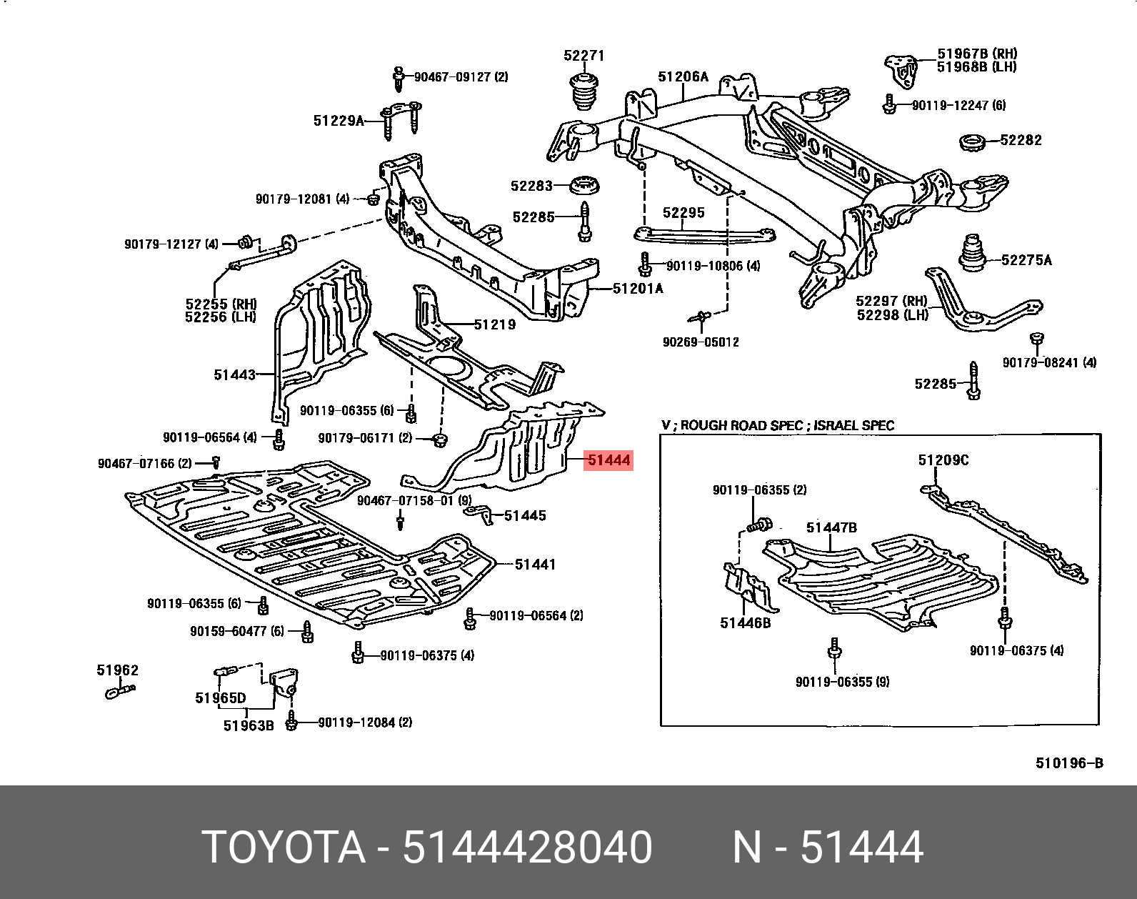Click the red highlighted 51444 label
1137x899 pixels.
point(608,460)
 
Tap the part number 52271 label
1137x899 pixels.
point(583,56)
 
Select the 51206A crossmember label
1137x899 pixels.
point(683,76)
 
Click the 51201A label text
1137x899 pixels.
point(638,289)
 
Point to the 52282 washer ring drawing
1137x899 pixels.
point(973,142)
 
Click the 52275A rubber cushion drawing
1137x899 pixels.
point(971,254)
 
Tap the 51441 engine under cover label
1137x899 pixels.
point(535,565)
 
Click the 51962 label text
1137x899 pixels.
point(118,670)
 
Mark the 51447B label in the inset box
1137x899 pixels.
point(831,528)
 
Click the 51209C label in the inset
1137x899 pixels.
point(943,460)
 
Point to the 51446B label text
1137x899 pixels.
point(745,623)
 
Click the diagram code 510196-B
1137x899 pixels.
point(1069,763)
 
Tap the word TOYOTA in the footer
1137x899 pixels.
point(284,848)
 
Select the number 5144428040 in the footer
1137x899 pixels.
point(527,848)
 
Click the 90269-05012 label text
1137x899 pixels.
point(701,342)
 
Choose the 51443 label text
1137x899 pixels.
point(234,374)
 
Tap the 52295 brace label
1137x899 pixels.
point(683,213)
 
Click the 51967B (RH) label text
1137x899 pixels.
point(977,54)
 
